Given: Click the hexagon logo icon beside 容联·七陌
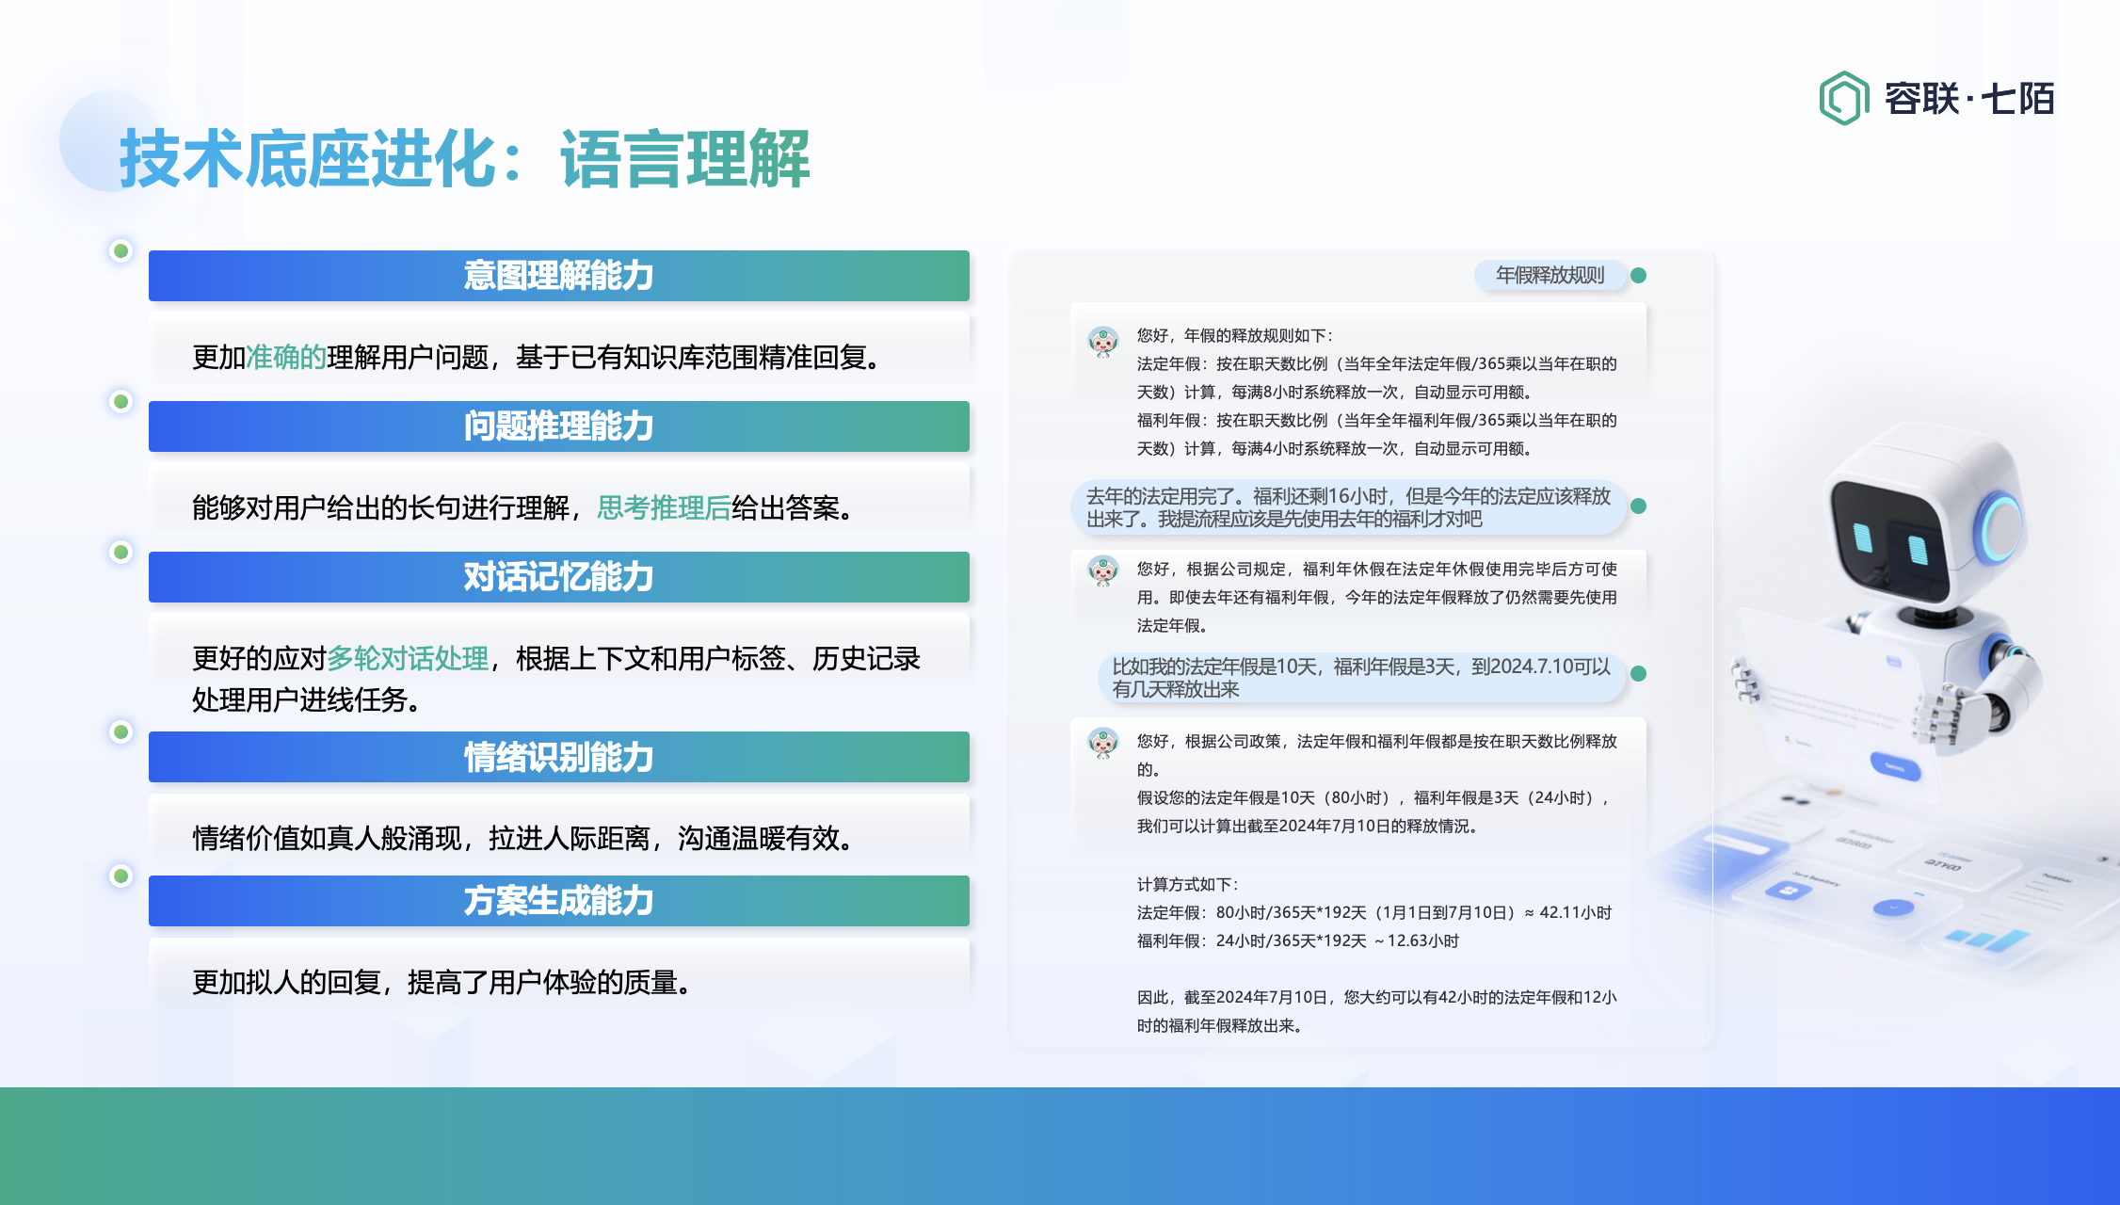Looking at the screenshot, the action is [x=1843, y=98].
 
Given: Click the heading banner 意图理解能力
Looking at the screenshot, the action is [x=559, y=276].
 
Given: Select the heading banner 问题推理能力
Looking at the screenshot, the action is [x=559, y=426].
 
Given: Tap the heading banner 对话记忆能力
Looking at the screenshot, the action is [x=559, y=577].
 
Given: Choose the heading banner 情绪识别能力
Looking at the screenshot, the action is [x=559, y=757].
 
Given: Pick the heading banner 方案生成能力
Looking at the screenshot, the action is [x=559, y=901].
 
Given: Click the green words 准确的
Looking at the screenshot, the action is [x=286, y=358].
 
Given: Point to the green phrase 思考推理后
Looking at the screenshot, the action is [x=664, y=508].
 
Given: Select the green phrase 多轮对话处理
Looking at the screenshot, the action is [x=408, y=659].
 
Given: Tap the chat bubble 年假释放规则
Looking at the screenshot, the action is [x=1550, y=275].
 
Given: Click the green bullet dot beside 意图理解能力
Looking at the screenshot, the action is [x=120, y=250].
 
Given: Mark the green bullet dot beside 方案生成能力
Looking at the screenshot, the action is [x=120, y=876].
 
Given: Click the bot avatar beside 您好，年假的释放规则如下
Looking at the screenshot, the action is [x=1102, y=341].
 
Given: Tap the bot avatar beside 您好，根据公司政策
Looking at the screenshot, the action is [x=1102, y=744].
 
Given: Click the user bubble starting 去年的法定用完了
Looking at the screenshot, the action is [x=1348, y=507].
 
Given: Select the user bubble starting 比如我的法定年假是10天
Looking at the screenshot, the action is [x=1361, y=678].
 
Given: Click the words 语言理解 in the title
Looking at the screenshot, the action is [x=685, y=159].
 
